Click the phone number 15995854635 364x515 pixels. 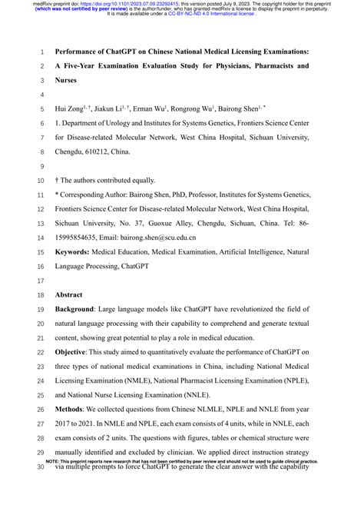coord(82,239)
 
